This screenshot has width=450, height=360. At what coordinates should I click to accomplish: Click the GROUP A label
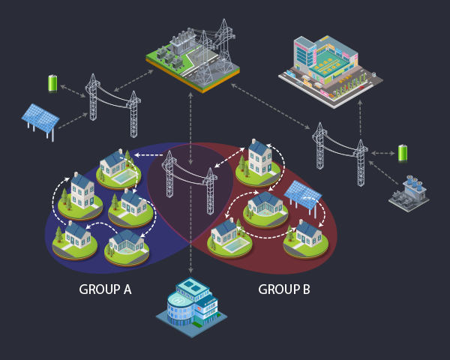coord(106,289)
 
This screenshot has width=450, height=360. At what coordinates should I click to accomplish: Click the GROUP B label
coord(284,289)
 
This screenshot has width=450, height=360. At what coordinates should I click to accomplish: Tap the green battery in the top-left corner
coord(52,82)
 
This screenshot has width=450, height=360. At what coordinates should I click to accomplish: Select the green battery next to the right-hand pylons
coord(403,154)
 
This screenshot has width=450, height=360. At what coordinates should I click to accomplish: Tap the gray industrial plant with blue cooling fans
coord(409,193)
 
